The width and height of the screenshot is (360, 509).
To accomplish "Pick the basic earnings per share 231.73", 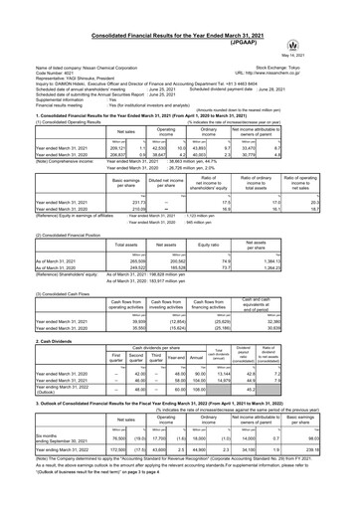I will pyautogui.click(x=103, y=176).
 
